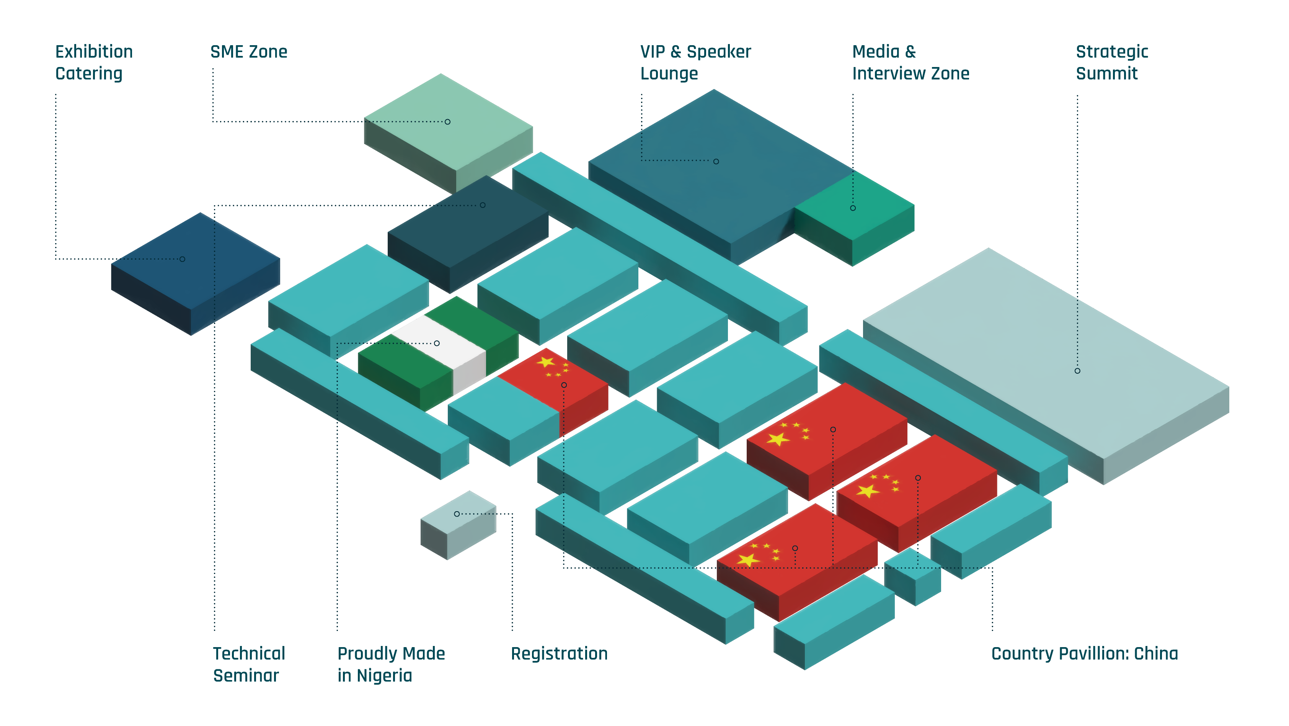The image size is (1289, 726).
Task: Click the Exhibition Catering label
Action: [93, 62]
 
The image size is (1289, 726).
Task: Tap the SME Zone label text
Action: [249, 52]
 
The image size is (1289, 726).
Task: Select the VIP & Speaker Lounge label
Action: [695, 62]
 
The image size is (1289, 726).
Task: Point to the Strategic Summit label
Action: [1112, 62]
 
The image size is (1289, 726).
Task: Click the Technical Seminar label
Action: [249, 664]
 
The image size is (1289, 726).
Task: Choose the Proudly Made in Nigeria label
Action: [391, 664]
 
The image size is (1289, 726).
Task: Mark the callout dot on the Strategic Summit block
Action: [1077, 371]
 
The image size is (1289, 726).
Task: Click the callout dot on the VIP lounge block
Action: [716, 162]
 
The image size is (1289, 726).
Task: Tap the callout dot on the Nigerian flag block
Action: [437, 343]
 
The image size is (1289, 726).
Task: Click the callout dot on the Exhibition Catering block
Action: [183, 259]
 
